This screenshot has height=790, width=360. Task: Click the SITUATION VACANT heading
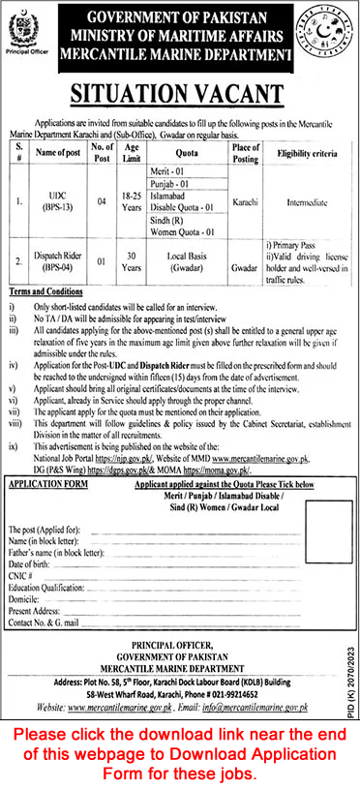pos(180,95)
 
